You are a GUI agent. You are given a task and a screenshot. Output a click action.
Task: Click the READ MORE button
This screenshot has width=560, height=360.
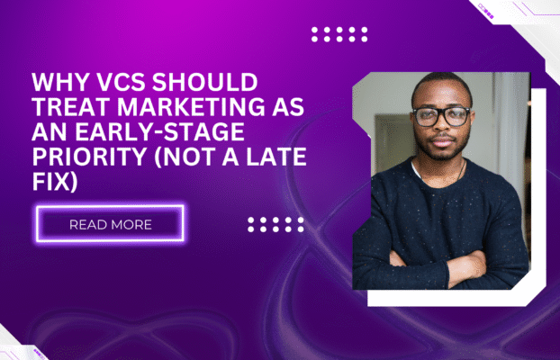110,223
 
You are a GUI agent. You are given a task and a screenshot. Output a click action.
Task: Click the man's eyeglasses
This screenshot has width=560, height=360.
441,116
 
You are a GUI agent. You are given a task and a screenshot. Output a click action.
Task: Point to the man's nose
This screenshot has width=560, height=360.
441,129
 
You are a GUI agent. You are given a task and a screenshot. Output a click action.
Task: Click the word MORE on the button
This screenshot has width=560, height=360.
132,224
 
